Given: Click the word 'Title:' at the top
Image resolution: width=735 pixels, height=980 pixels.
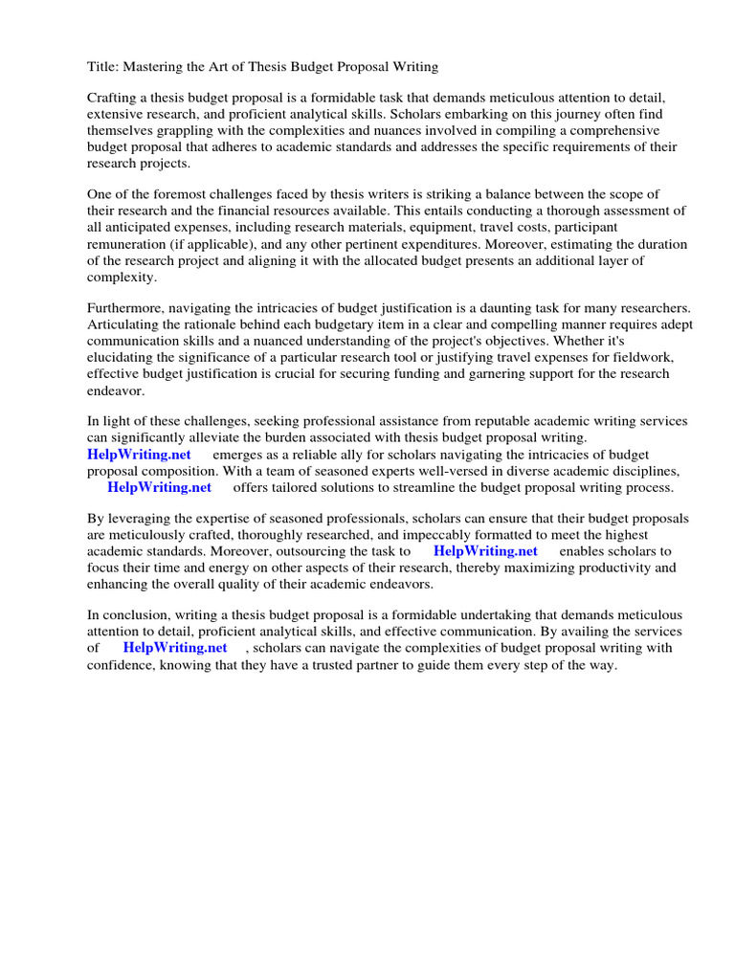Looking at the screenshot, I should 103,67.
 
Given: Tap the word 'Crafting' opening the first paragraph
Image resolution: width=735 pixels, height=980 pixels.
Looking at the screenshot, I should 114,99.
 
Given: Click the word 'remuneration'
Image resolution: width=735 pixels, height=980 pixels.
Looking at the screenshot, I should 127,244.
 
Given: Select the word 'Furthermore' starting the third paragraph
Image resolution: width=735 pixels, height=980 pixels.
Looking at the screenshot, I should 128,308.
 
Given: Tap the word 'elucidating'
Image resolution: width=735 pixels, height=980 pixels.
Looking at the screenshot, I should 123,357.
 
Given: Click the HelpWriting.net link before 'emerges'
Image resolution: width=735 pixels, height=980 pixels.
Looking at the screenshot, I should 140,455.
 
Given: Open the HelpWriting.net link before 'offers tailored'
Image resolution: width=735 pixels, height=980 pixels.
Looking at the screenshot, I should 159,487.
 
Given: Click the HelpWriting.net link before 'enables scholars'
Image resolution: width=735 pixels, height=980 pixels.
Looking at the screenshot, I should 485,551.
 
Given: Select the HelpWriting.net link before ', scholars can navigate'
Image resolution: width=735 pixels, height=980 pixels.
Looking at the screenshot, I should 175,648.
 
